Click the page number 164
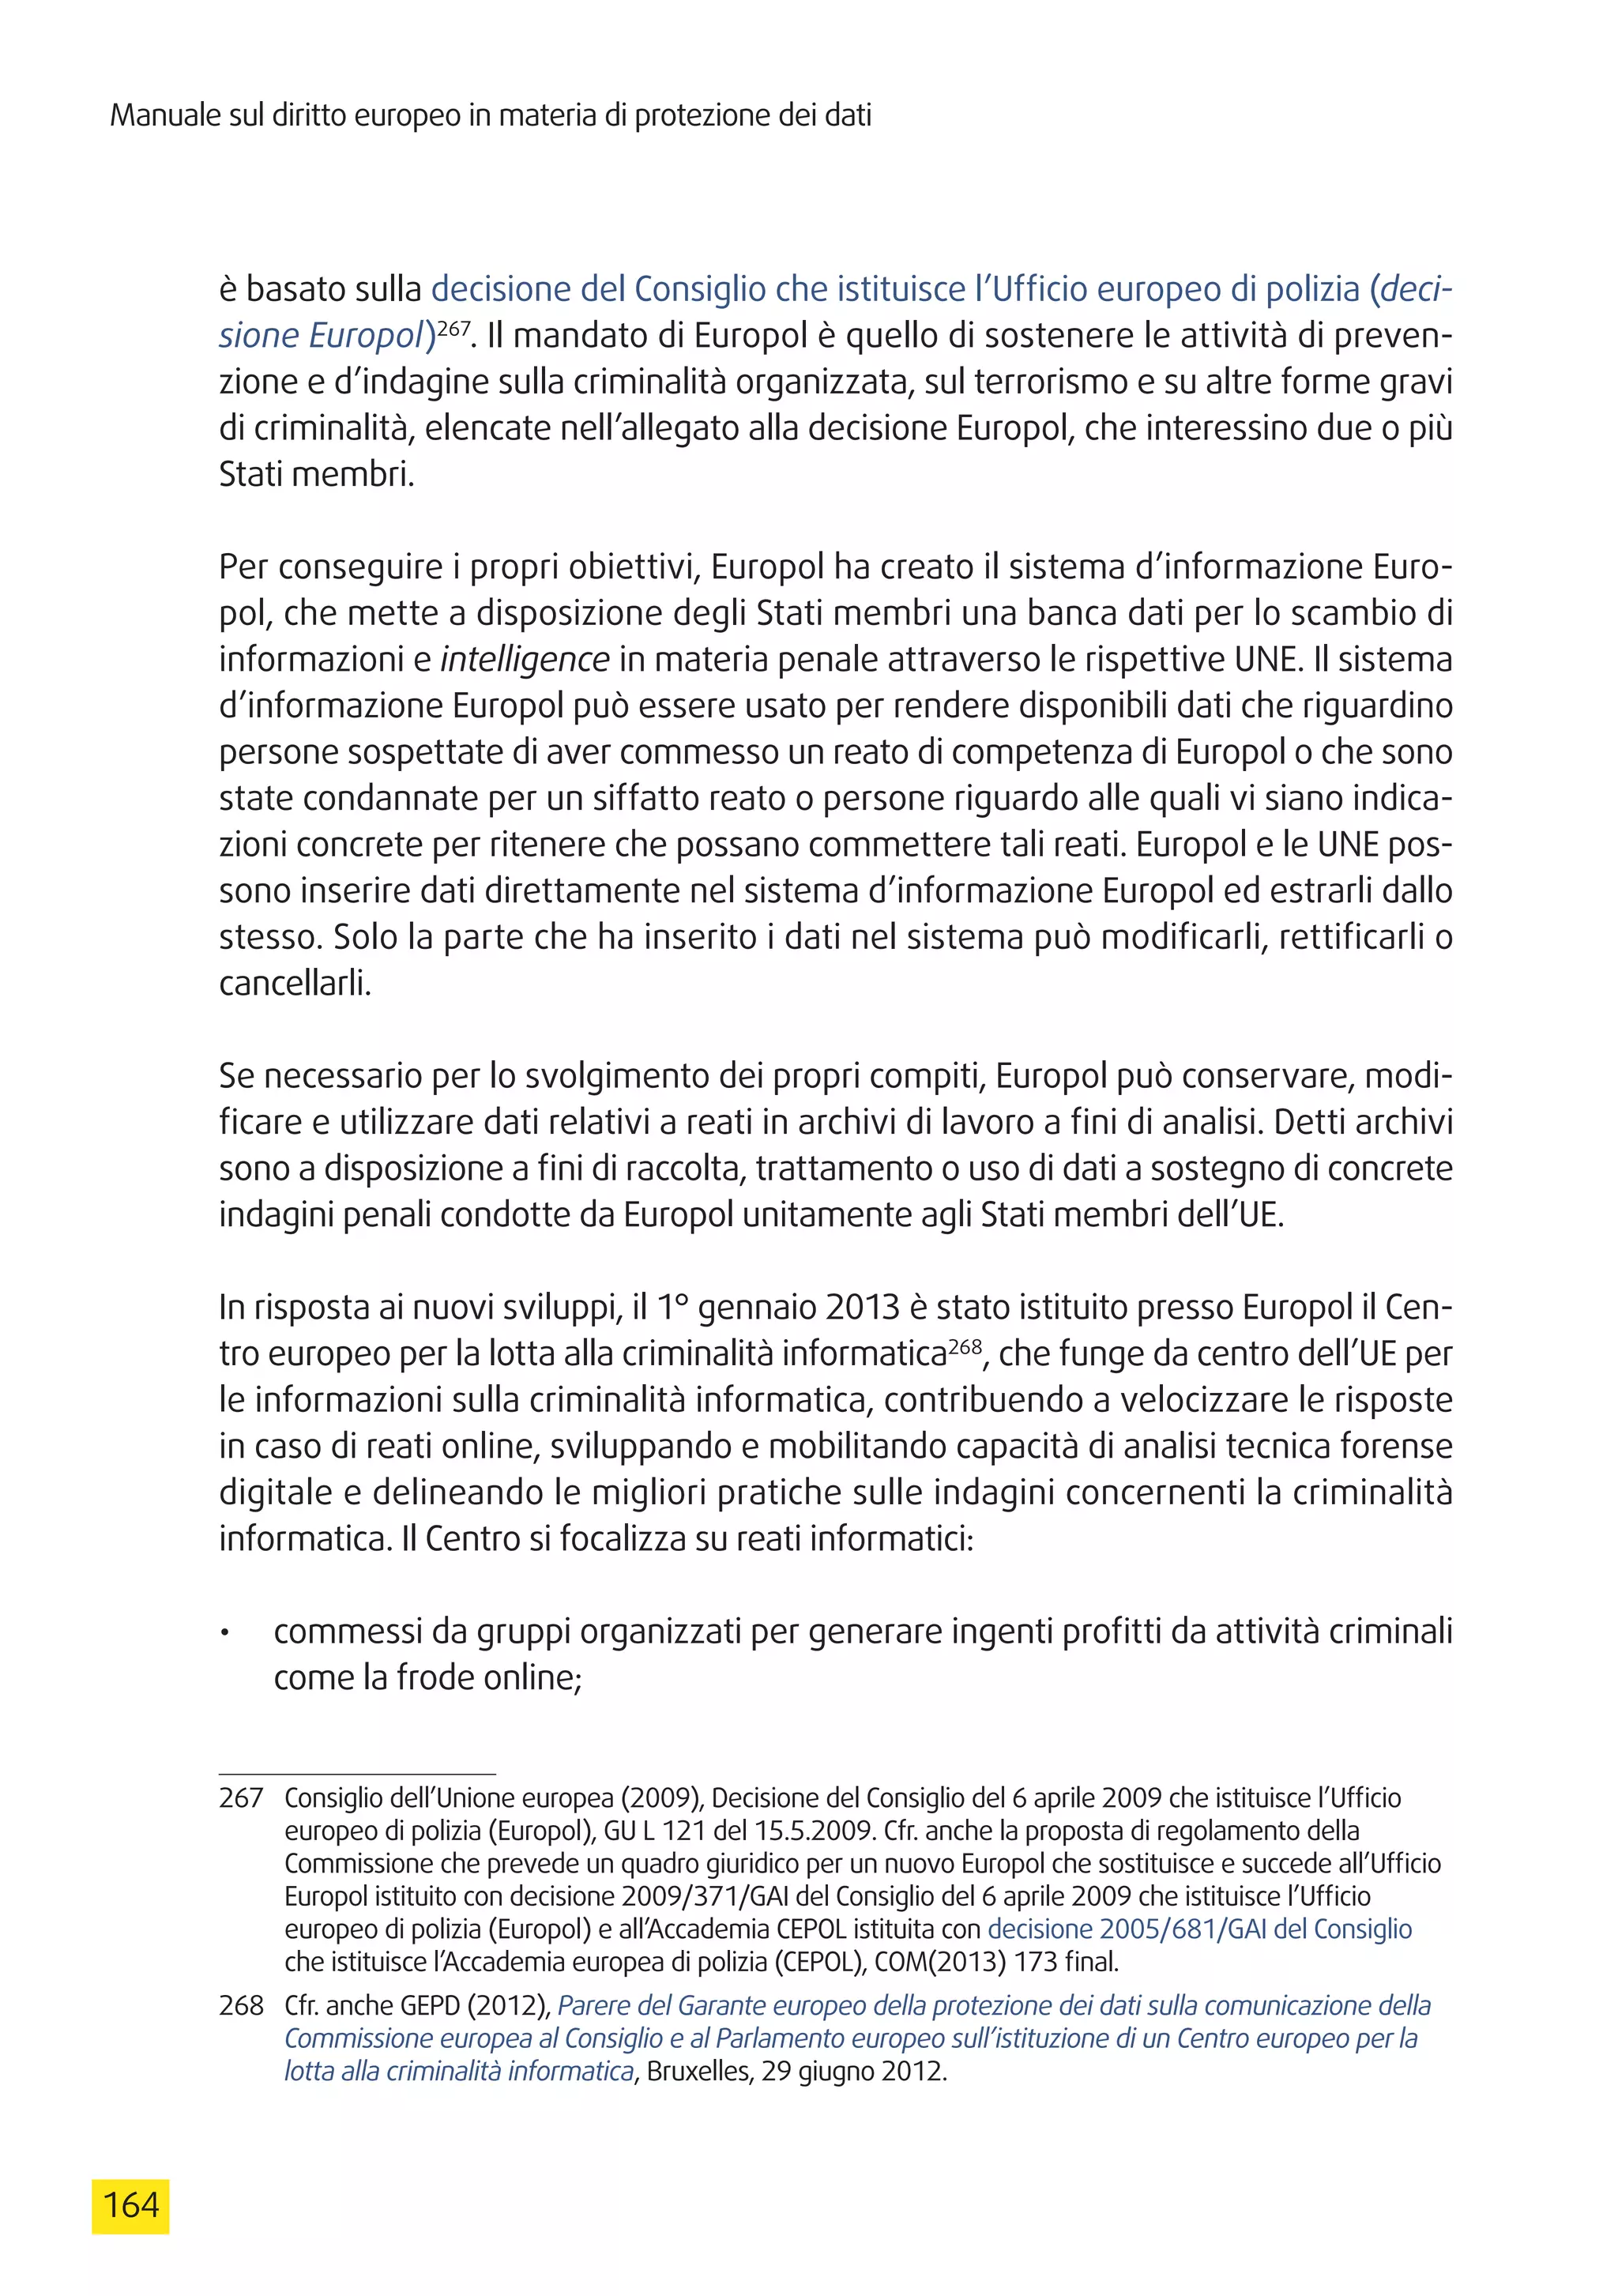[x=131, y=2204]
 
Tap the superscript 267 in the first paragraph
[x=453, y=327]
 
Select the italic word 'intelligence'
[x=524, y=660]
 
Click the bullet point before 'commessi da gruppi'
[x=226, y=1634]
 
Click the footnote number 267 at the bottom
[x=241, y=1798]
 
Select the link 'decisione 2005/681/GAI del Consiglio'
[x=1199, y=1929]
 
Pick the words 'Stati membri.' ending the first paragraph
[x=316, y=474]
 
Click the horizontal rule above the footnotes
[x=357, y=1773]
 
